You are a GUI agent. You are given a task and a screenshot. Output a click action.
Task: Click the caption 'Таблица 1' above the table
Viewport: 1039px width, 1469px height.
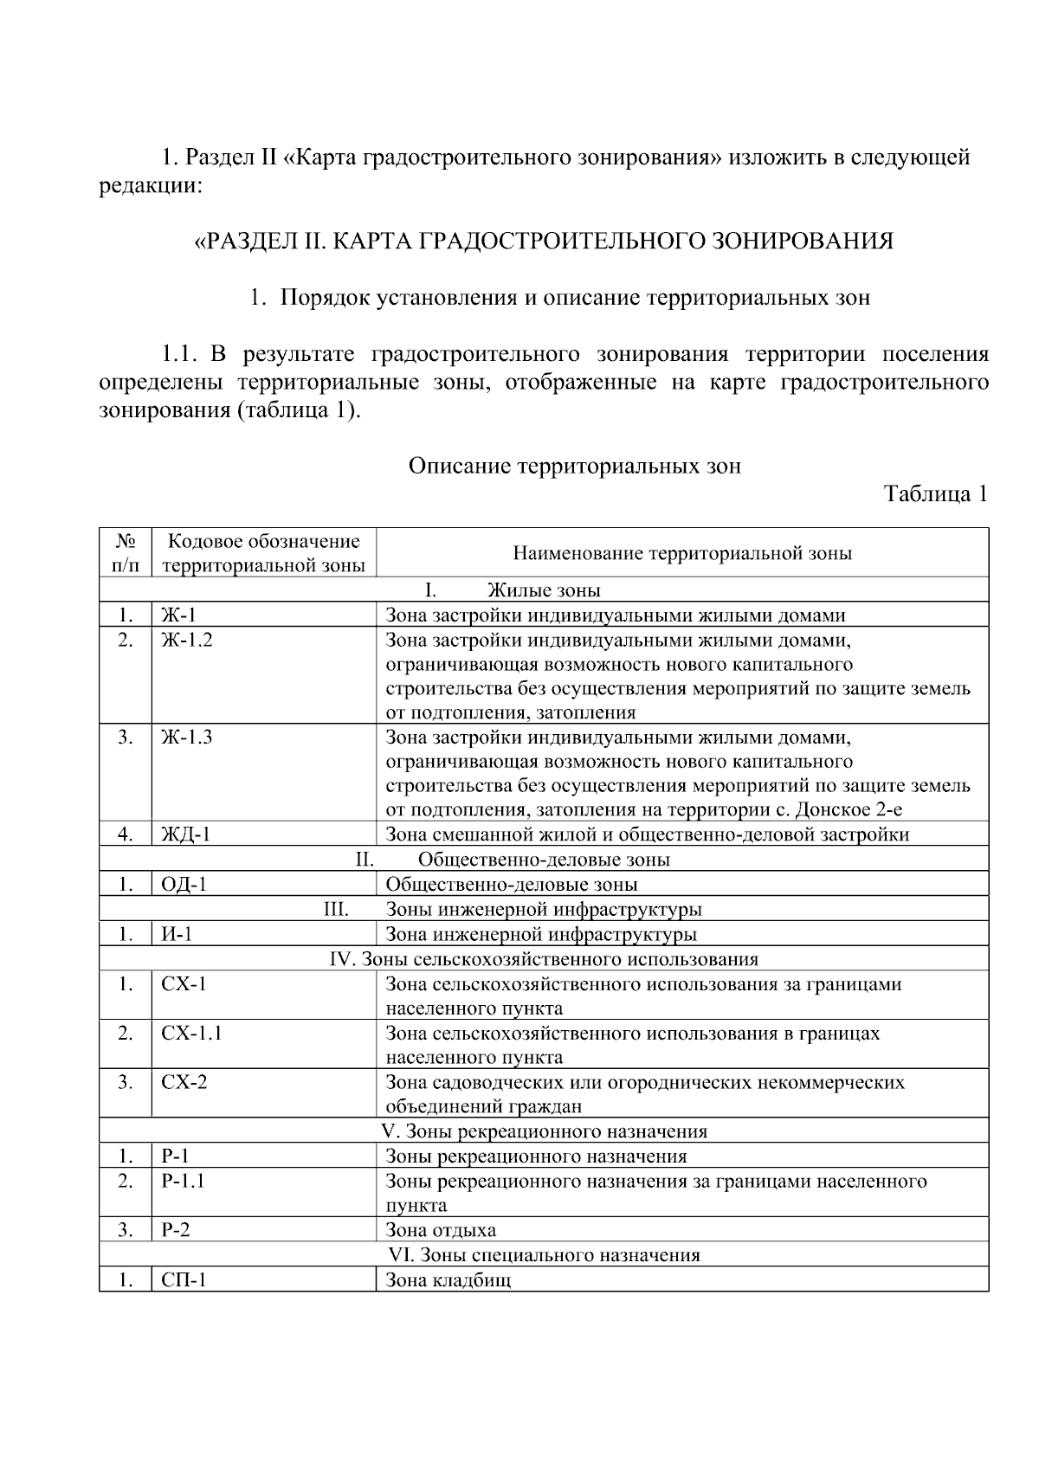[x=935, y=494]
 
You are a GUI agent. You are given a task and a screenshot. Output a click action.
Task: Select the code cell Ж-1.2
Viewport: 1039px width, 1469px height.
[x=187, y=640]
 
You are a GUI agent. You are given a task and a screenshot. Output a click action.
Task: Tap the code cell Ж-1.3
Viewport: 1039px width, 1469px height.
[x=187, y=738]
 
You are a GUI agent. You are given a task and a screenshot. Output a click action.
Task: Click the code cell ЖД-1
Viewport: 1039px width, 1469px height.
[x=186, y=834]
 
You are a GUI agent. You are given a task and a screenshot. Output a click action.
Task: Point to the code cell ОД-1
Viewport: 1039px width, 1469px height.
[x=184, y=885]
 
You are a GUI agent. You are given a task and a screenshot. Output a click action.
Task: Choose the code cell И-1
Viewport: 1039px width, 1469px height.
[x=177, y=934]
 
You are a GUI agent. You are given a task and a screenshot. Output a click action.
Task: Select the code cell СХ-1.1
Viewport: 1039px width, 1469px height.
[x=191, y=1033]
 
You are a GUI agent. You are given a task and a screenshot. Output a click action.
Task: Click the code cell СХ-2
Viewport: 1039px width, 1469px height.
[x=184, y=1082]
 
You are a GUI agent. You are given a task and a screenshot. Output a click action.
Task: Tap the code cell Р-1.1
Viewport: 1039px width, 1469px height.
[x=183, y=1181]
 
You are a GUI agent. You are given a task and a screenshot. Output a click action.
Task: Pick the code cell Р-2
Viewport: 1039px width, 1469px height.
[x=176, y=1230]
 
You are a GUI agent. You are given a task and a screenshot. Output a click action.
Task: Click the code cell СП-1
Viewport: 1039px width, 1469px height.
[x=184, y=1279]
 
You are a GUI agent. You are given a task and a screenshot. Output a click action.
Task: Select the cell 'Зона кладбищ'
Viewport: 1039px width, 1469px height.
[x=448, y=1279]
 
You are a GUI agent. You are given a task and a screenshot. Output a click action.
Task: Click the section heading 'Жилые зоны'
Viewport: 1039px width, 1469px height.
[x=544, y=590]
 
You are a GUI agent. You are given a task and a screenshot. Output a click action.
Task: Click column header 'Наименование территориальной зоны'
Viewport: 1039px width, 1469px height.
[x=682, y=553]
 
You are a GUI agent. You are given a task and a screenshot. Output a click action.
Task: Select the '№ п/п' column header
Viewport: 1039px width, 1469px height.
[x=126, y=553]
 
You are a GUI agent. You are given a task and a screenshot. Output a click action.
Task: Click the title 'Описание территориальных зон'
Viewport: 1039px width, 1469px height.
[x=574, y=467]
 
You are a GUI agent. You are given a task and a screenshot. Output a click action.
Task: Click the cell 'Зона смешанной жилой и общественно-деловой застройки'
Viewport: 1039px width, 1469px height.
[x=647, y=834]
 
